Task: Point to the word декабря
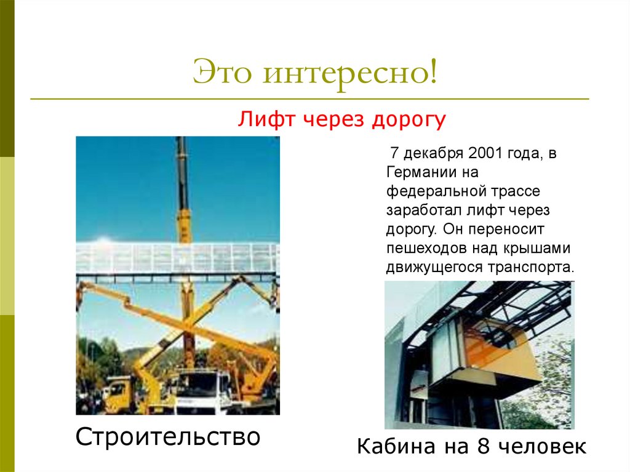(432, 153)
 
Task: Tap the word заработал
(420, 210)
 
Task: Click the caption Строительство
(167, 438)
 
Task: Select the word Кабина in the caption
(393, 447)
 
